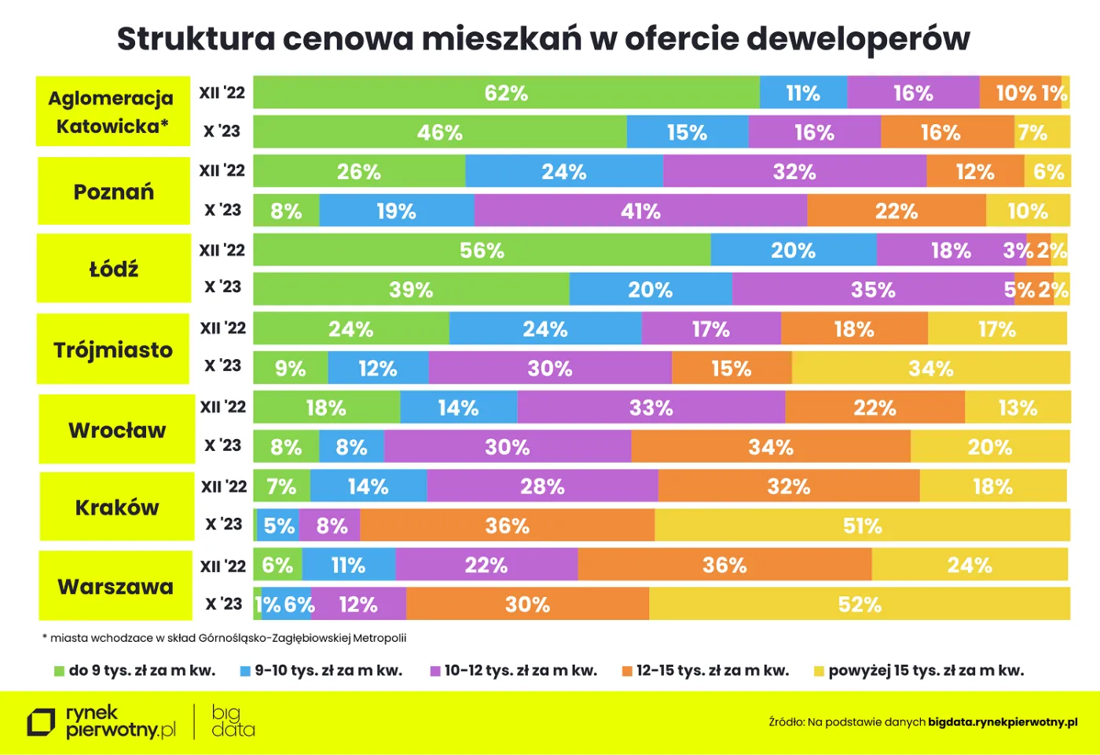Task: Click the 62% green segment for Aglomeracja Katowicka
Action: (506, 93)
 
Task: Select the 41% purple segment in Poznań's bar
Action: (640, 211)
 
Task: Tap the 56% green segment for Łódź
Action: (482, 250)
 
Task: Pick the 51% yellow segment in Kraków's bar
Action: (862, 525)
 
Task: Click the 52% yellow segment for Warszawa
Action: (859, 604)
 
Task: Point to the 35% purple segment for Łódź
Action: (872, 289)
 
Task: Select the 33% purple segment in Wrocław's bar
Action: (651, 408)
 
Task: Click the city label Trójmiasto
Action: (113, 350)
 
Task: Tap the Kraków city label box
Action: (117, 507)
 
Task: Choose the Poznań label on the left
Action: (114, 192)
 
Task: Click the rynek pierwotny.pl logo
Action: (102, 721)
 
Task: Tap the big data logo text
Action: (233, 721)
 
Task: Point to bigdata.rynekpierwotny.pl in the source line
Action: (1003, 722)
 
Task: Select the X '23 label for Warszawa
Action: (223, 603)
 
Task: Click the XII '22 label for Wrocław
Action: (223, 407)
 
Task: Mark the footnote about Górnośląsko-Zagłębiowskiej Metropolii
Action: (225, 638)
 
